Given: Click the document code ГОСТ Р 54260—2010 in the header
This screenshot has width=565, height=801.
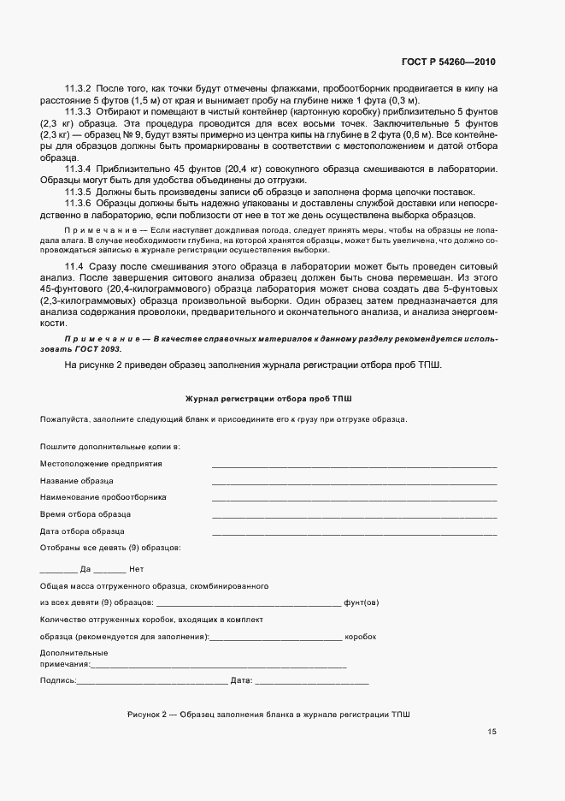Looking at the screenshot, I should point(449,62).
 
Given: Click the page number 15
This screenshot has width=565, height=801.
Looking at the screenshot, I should point(492,732).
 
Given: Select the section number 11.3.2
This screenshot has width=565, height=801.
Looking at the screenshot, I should point(78,89).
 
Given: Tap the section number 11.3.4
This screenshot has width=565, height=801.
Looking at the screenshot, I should point(78,169).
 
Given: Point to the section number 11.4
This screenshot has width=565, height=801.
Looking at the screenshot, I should point(74,269).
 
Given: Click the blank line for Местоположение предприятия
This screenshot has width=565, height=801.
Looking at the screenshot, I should point(354,466).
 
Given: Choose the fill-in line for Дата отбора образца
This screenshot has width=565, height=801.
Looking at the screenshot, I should point(354,534).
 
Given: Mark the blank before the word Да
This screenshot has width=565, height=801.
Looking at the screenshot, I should point(58,571).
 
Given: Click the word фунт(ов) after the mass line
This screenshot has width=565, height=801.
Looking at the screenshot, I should point(362,603).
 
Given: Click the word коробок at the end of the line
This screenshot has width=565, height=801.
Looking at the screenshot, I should point(361,638).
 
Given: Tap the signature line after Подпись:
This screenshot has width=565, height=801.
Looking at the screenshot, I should point(152,683).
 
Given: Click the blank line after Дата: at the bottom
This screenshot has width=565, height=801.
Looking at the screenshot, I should point(312,683).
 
